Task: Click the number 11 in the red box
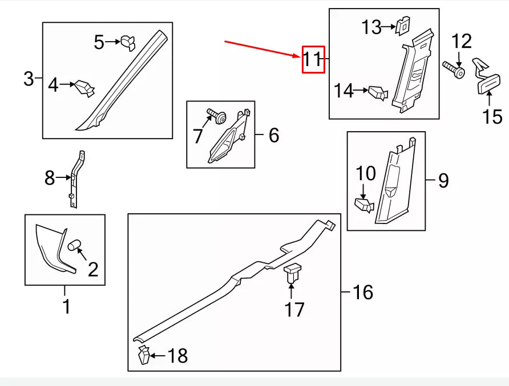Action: (x=313, y=59)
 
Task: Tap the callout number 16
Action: (x=362, y=292)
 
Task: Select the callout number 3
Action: (x=29, y=79)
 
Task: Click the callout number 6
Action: (x=273, y=135)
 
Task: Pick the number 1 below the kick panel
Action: (x=66, y=306)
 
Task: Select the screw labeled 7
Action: (x=216, y=116)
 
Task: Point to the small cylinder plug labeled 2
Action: (x=75, y=246)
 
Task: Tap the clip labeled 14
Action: (x=378, y=92)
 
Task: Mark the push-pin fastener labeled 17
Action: (x=293, y=273)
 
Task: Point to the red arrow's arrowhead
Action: (x=297, y=55)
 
